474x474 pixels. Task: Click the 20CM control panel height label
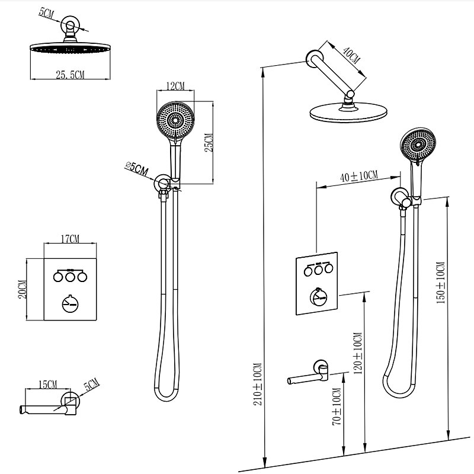22,290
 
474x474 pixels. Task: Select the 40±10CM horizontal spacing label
359,176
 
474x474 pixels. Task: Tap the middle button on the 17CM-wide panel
70,276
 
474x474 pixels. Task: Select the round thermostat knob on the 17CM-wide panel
70,303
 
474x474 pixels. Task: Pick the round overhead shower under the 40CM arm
347,113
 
